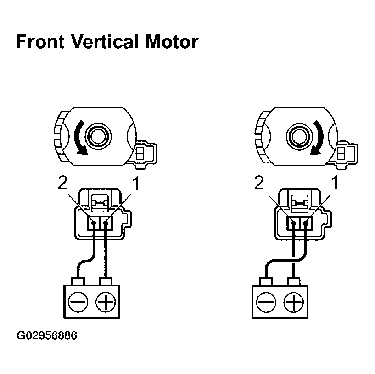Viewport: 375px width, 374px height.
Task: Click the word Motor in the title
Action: (171, 42)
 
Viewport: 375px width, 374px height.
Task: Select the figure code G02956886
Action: (47, 336)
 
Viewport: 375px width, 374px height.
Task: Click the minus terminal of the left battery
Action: (76, 301)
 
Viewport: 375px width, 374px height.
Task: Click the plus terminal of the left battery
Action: (106, 301)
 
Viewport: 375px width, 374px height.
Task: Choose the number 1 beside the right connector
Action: (335, 184)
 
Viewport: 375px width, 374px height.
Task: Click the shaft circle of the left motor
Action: (97, 136)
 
